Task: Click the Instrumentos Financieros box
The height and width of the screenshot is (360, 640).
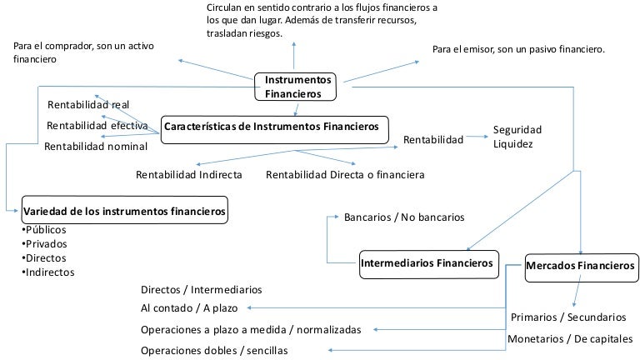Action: tap(298, 87)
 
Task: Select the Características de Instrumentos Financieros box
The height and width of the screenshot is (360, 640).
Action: tap(274, 127)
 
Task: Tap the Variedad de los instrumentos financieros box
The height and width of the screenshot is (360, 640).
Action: tap(126, 212)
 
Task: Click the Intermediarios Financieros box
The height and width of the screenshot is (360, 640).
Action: tap(427, 264)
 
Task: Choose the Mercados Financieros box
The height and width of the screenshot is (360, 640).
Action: tap(581, 266)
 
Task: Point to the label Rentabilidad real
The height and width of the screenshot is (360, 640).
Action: tap(88, 104)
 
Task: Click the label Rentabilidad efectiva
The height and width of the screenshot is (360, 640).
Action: tap(97, 126)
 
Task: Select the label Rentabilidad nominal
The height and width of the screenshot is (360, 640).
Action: tap(96, 147)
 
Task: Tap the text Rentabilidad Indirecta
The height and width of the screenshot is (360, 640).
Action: tap(189, 175)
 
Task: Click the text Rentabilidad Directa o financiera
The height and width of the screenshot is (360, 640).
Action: tap(345, 175)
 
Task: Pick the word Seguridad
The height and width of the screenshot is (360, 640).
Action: tap(517, 129)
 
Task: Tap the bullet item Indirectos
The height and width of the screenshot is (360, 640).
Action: tap(47, 272)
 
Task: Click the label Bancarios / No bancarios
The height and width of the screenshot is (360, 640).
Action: tap(404, 217)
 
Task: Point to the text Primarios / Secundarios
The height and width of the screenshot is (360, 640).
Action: tap(567, 317)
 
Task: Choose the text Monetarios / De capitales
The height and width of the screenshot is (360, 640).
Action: tap(570, 338)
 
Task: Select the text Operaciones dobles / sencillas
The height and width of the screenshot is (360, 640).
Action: tap(214, 351)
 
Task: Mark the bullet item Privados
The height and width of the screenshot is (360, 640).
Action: tap(46, 243)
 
